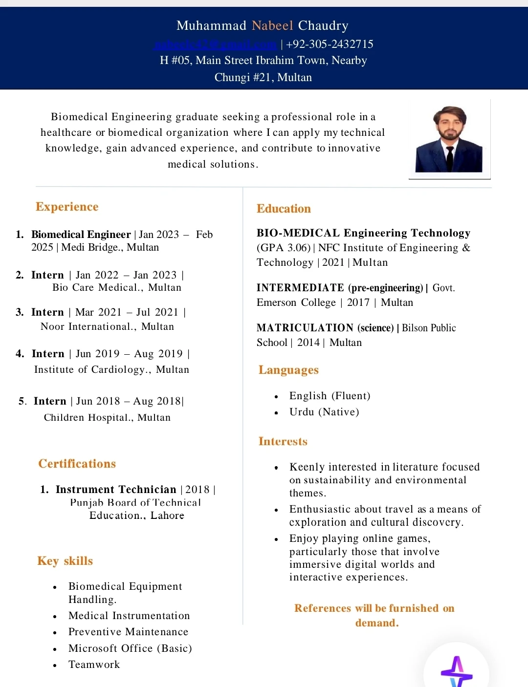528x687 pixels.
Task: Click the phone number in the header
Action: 330,44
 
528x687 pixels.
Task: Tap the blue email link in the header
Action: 215,44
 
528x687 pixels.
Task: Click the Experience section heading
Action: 67,207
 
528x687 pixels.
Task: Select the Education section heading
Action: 284,209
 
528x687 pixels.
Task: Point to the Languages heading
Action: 288,370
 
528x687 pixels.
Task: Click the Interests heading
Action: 283,441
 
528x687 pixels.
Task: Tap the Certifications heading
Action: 77,464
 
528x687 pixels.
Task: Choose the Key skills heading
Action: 65,561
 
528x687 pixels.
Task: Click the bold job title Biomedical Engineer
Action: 81,235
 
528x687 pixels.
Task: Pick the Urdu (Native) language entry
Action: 324,412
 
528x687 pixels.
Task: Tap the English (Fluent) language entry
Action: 330,396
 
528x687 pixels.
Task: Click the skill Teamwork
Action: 94,665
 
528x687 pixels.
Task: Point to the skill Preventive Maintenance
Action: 128,632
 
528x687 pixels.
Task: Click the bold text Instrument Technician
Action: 116,490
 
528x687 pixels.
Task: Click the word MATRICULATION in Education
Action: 305,328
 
